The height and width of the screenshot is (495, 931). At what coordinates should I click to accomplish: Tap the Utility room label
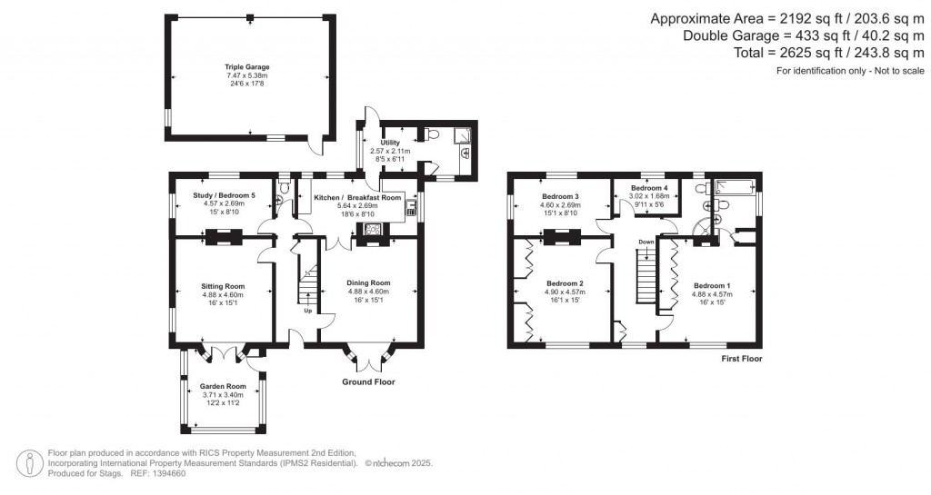390,143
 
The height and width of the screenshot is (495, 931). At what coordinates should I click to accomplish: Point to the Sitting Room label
224,286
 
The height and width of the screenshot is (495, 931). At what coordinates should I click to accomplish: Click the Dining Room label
368,282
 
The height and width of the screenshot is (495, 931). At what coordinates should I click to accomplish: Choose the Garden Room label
223,386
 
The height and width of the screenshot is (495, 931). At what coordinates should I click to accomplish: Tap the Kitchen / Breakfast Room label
357,197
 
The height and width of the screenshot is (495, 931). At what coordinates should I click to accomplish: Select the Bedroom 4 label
649,187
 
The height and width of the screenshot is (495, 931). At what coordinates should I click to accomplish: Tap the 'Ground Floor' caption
368,382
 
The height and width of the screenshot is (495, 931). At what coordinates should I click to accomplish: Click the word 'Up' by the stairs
307,311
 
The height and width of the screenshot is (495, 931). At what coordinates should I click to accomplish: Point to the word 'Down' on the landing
646,243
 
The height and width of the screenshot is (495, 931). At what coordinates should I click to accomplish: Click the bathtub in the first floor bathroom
736,188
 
